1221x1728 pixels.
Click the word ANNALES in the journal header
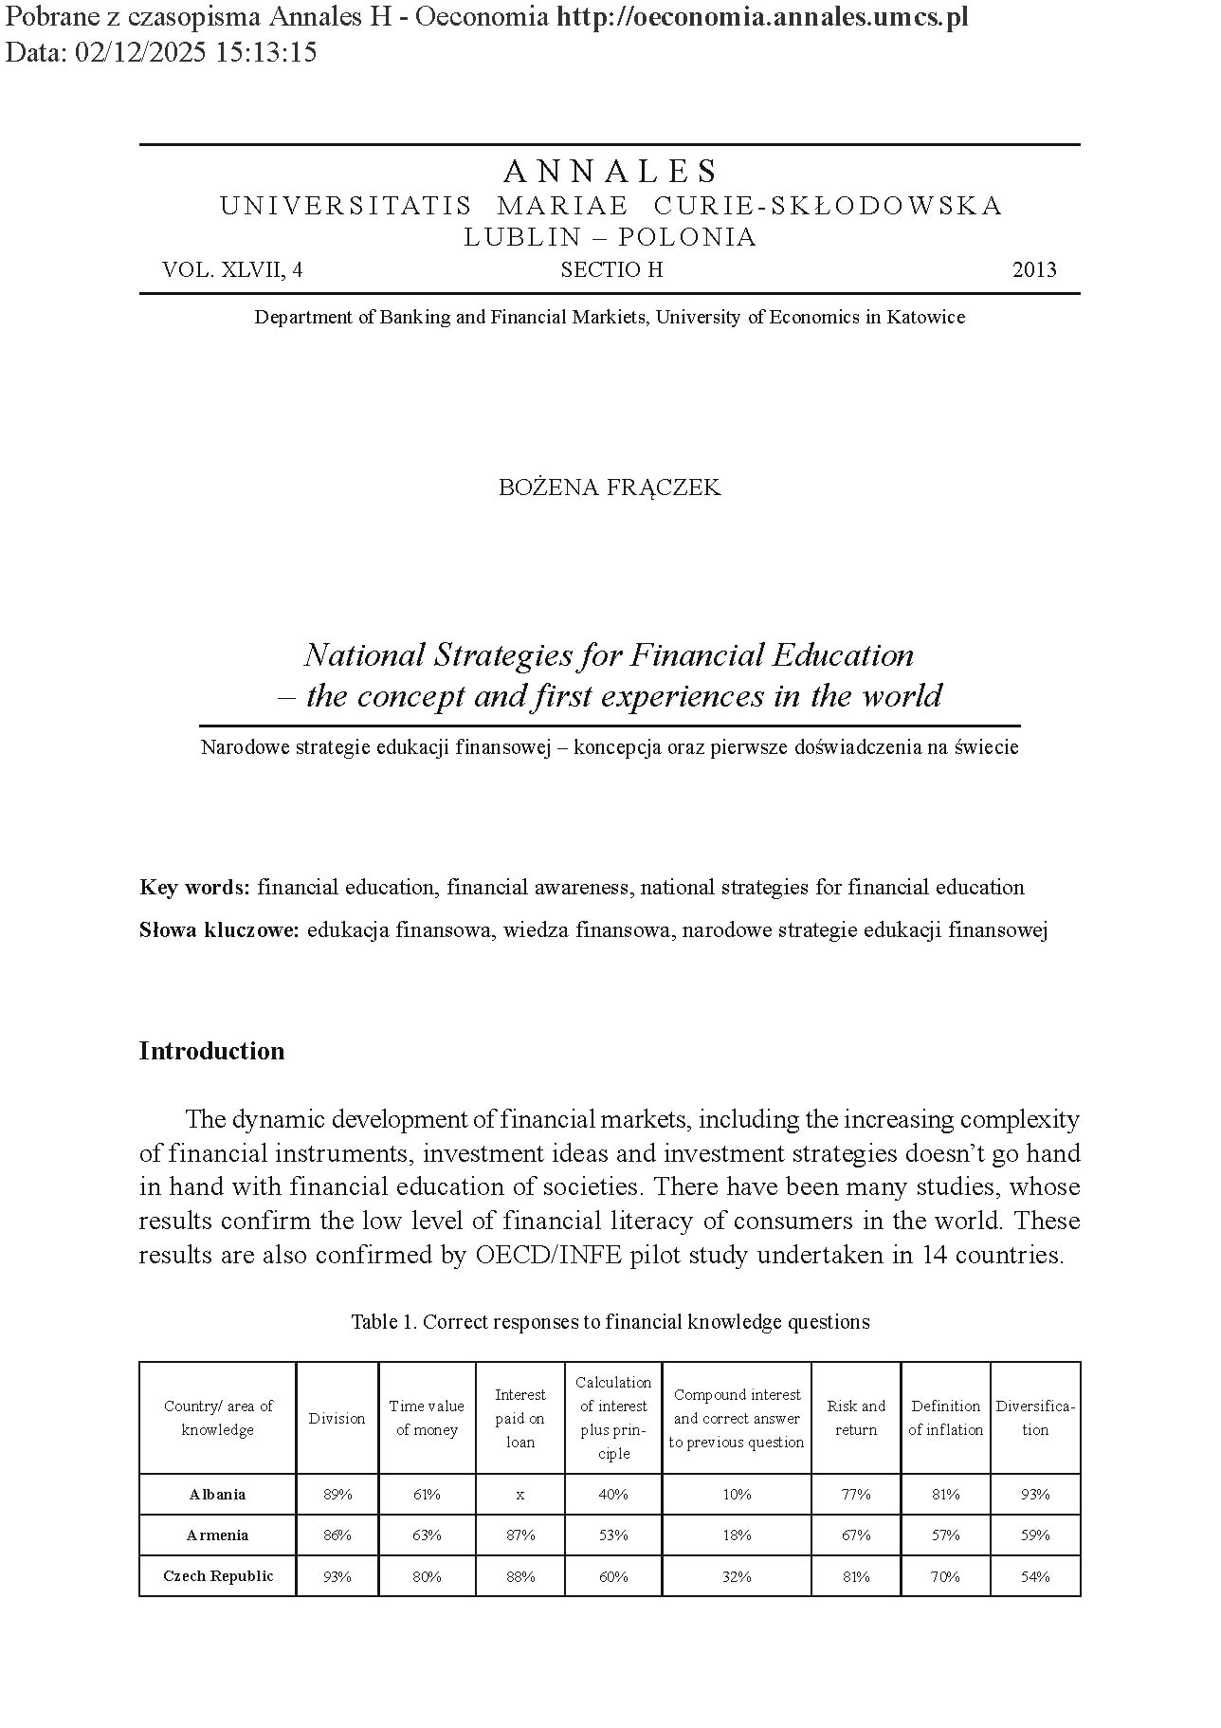click(x=610, y=172)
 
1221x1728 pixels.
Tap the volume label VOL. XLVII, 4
click(x=232, y=270)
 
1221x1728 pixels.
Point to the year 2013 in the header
click(x=1034, y=270)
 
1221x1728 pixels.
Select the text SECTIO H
click(x=611, y=270)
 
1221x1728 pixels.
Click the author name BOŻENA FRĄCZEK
click(x=610, y=487)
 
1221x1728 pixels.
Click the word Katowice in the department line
click(x=925, y=318)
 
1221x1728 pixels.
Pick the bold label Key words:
click(x=194, y=888)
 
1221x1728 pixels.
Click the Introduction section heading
click(x=211, y=1051)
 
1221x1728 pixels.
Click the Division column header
click(x=337, y=1419)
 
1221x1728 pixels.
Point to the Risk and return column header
click(x=856, y=1418)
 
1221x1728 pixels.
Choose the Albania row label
click(x=217, y=1495)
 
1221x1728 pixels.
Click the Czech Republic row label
click(x=218, y=1576)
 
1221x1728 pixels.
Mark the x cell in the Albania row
click(x=519, y=1495)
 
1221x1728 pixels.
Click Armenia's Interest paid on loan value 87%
click(x=519, y=1535)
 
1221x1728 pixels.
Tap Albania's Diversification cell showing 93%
click(x=1035, y=1495)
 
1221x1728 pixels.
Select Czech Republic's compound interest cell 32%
click(x=737, y=1577)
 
